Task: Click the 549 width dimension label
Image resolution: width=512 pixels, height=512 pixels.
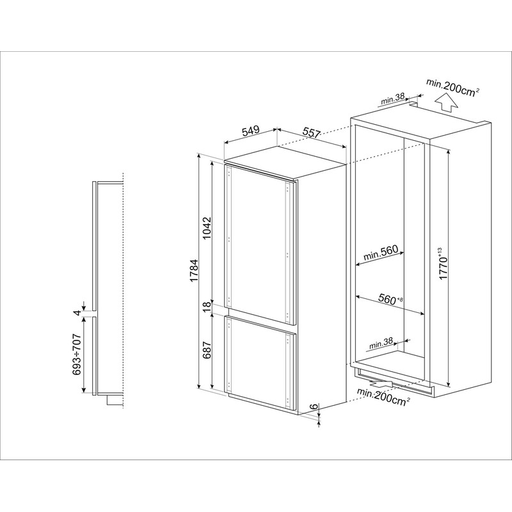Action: click(250, 130)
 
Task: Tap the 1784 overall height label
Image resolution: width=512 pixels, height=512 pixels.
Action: click(195, 271)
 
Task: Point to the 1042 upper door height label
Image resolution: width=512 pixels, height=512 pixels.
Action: click(207, 228)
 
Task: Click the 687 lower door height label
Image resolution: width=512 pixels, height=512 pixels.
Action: click(207, 350)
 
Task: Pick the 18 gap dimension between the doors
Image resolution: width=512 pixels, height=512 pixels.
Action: click(207, 307)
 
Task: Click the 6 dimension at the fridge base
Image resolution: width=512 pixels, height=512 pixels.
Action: click(314, 407)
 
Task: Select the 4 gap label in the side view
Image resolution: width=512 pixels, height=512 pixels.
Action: click(77, 313)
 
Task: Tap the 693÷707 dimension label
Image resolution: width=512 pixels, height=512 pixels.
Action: click(77, 355)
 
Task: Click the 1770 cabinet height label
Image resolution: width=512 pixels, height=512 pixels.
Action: click(443, 264)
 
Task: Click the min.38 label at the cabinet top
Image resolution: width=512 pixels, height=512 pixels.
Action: click(392, 99)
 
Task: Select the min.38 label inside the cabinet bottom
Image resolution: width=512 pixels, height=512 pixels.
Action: click(381, 343)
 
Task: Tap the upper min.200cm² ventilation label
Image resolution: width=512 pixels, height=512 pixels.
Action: click(452, 88)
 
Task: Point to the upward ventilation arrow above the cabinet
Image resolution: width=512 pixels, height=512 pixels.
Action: click(447, 102)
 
